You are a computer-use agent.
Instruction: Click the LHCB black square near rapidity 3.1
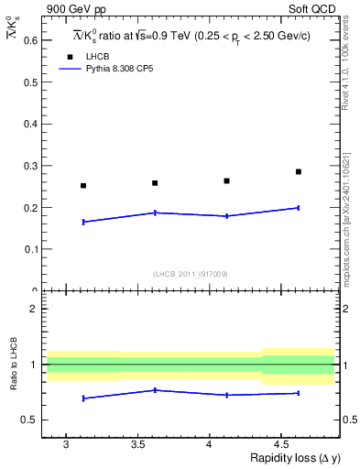83,186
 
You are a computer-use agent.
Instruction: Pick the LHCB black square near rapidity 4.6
299,171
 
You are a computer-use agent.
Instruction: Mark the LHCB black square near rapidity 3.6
155,183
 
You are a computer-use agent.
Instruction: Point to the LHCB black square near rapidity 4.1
227,180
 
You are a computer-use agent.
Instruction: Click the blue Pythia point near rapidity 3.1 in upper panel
83,222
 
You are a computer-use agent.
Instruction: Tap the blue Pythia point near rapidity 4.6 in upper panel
299,208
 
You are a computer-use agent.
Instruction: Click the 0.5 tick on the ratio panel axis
31,420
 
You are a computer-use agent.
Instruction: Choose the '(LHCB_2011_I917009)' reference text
190,274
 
